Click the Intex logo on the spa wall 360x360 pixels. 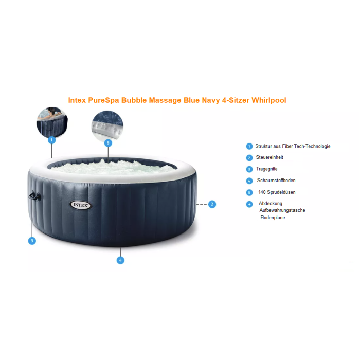(x=81, y=205)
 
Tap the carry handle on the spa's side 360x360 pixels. (x=34, y=196)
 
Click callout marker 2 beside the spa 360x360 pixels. (x=212, y=204)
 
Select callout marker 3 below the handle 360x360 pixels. (x=32, y=241)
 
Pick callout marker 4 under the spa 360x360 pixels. (x=120, y=260)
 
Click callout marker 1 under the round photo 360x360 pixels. (x=51, y=140)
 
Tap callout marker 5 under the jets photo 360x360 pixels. (x=108, y=143)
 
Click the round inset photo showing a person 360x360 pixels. (x=52, y=122)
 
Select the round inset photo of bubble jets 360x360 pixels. (x=107, y=125)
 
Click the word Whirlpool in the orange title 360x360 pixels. (x=269, y=100)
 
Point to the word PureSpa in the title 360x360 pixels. (x=103, y=100)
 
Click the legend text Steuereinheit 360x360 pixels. (x=269, y=157)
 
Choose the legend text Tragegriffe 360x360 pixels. (x=267, y=169)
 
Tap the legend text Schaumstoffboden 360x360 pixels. (x=276, y=180)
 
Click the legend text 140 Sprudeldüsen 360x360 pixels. (x=277, y=192)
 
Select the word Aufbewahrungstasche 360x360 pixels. (x=282, y=210)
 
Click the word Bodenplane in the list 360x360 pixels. (x=273, y=218)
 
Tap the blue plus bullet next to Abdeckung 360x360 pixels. (x=249, y=204)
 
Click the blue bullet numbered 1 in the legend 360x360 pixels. (x=249, y=146)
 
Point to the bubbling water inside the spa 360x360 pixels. (x=113, y=167)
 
